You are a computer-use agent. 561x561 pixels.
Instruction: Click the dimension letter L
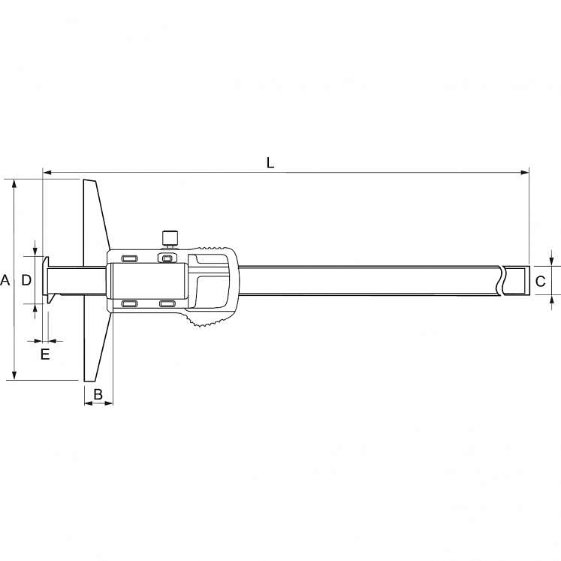pos(270,163)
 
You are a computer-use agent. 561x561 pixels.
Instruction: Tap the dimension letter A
pos(5,280)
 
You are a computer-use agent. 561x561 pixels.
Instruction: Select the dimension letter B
pos(98,394)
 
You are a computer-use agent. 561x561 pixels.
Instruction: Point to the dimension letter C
pos(540,281)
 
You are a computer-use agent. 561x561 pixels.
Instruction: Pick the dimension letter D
pos(27,280)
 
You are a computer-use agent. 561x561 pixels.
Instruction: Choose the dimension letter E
pos(45,354)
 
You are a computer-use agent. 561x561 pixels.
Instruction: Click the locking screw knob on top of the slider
pos(170,239)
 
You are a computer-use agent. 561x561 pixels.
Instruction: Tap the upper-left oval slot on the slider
pos(129,258)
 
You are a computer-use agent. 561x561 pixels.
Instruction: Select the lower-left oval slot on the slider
pos(129,303)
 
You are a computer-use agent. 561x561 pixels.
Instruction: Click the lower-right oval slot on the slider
pos(167,303)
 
